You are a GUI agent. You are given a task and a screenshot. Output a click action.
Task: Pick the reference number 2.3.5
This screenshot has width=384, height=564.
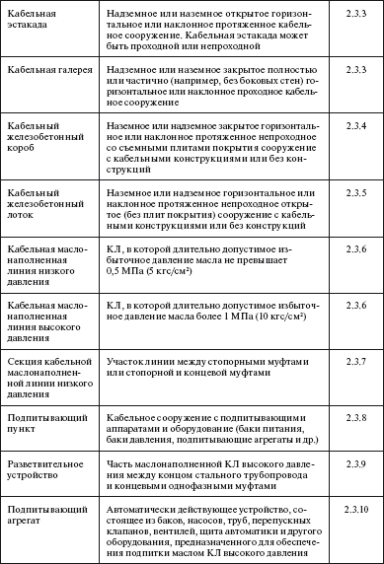tap(351, 193)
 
